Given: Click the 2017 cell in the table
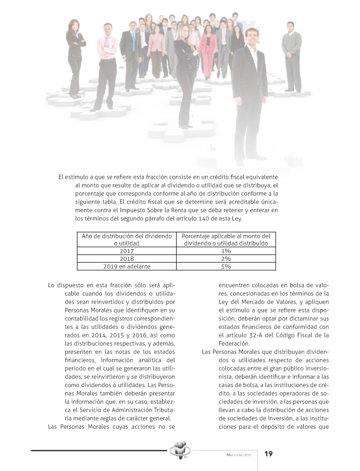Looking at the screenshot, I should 127,251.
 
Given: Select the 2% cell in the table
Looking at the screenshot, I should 226,258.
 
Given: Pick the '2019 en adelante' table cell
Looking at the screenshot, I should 127,266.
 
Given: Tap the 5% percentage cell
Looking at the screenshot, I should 226,266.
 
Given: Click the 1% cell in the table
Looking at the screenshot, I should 226,251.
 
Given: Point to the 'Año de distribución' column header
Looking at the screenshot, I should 127,239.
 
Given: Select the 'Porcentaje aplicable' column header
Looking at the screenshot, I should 226,239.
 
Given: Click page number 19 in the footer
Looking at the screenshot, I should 269,454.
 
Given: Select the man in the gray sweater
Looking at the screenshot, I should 292,56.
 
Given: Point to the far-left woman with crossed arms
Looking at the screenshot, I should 75,56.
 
